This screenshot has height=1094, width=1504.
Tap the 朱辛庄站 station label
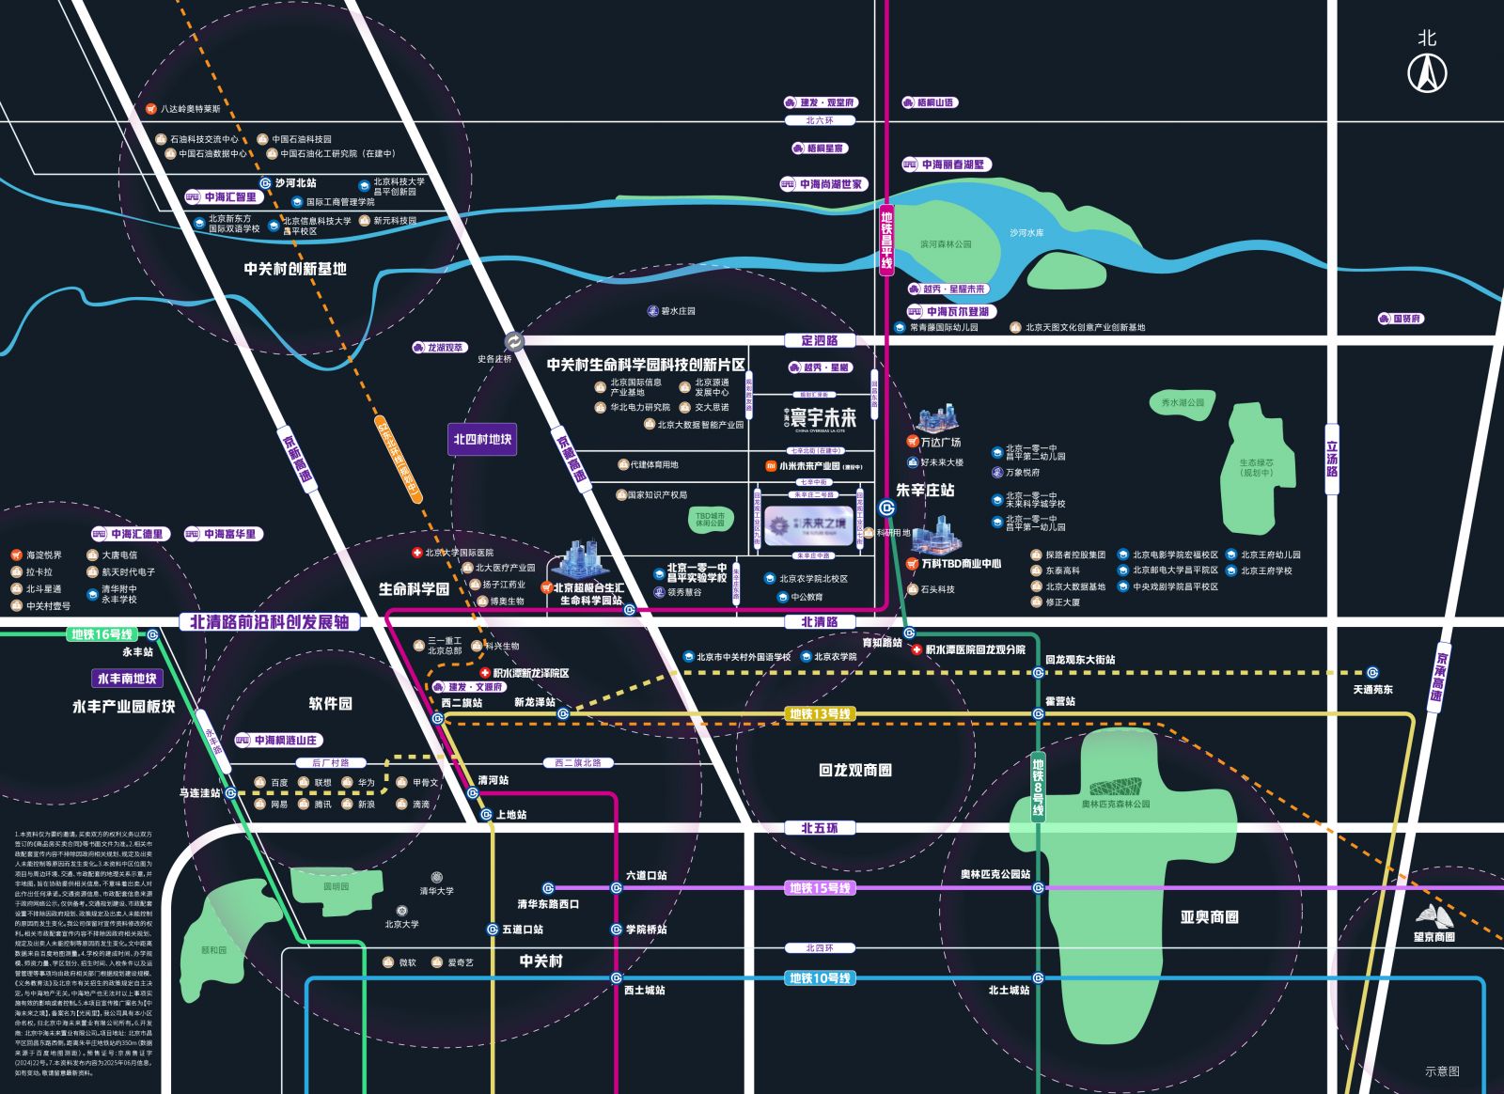pos(925,490)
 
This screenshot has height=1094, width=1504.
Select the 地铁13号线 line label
pos(820,714)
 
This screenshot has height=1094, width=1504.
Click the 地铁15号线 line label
pos(820,887)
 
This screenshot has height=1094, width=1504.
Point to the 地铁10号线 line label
pos(820,978)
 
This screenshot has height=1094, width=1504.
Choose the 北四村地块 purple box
pos(482,439)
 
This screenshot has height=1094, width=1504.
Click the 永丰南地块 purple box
pos(127,679)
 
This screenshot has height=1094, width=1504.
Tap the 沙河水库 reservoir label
pos(1026,232)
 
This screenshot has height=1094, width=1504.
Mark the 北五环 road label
pos(819,828)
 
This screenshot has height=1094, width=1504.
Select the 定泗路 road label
pos(819,340)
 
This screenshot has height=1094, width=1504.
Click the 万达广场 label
pos(940,442)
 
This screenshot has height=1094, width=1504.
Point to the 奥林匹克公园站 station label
pos(995,874)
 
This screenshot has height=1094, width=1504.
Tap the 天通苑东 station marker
pos(1372,672)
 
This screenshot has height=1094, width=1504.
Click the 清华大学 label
pos(436,890)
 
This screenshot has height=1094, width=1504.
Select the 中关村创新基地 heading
pos(295,269)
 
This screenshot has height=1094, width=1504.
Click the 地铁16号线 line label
pos(102,634)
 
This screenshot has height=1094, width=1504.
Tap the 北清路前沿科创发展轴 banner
pos(269,621)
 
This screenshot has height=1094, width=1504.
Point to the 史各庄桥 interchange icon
pos(514,341)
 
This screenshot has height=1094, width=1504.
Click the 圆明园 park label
pos(336,886)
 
